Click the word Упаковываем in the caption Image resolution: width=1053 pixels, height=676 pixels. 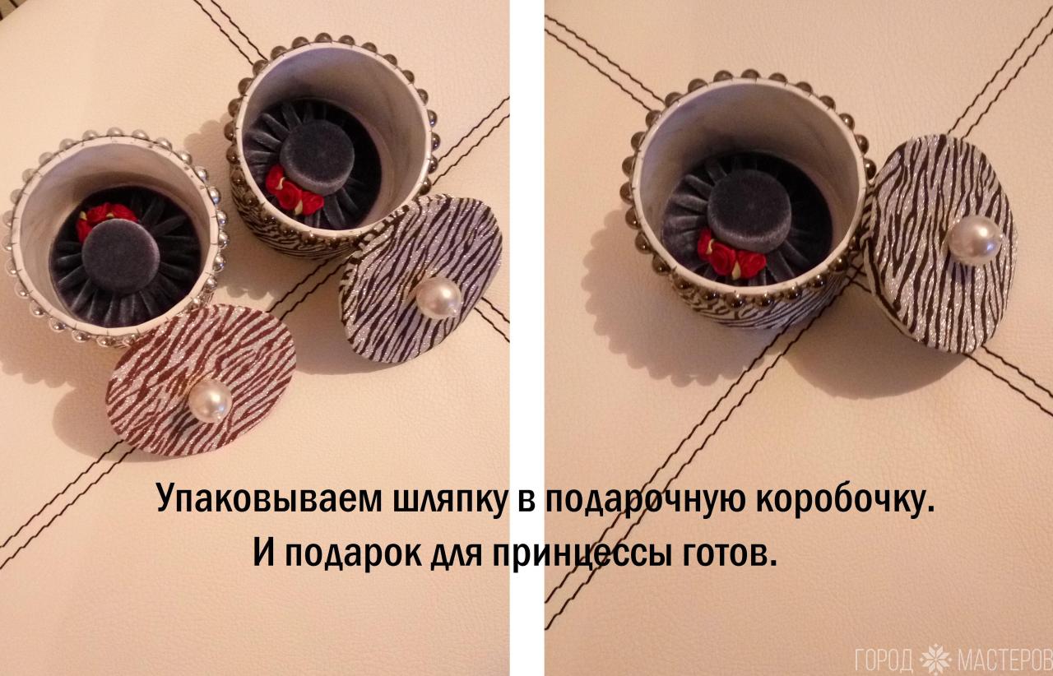click(269, 499)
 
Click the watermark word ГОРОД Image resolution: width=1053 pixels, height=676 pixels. click(884, 660)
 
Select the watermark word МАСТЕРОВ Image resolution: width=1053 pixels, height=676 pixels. click(1004, 660)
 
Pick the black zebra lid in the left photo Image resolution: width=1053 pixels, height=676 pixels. click(420, 280)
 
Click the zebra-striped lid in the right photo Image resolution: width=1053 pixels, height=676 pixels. click(940, 244)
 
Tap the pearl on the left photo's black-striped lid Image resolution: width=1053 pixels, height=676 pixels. click(439, 298)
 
